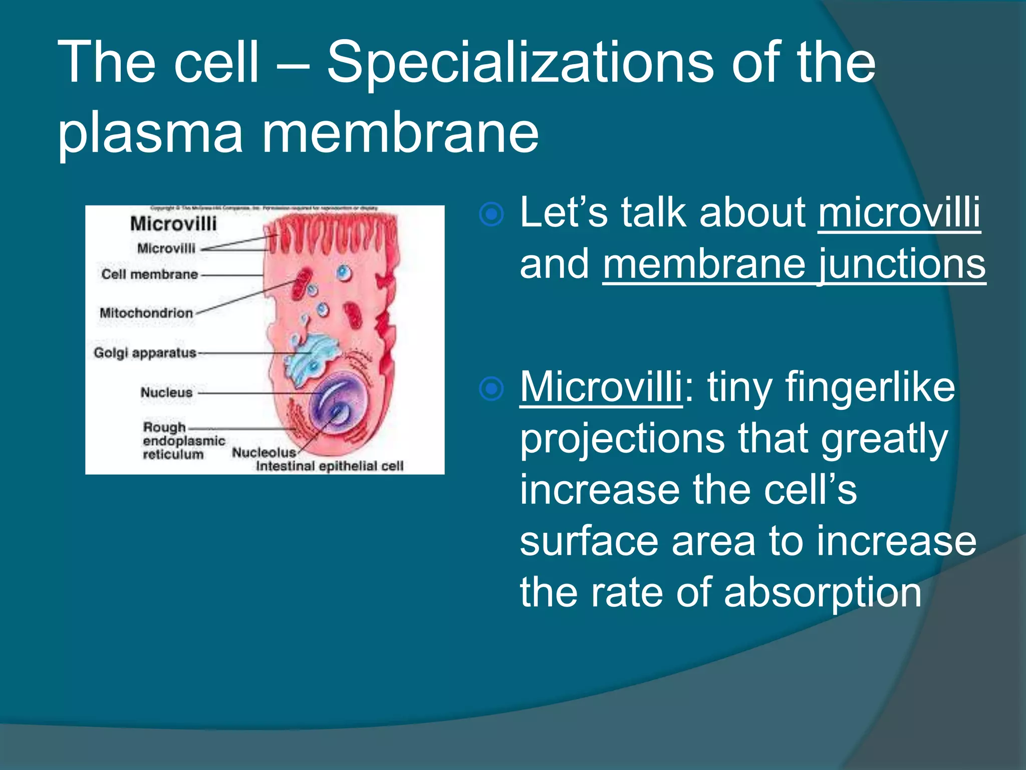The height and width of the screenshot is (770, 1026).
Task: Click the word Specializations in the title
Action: click(x=520, y=64)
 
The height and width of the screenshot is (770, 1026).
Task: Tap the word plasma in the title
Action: click(x=150, y=133)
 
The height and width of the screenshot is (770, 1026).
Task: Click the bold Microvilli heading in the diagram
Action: click(x=173, y=224)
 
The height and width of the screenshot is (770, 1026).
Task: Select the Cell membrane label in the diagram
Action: click(x=149, y=274)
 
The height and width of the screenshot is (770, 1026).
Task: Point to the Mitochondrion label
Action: click(x=146, y=313)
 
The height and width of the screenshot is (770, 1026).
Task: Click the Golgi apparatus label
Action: click(x=145, y=353)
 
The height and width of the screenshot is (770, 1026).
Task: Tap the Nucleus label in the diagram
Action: click(x=166, y=393)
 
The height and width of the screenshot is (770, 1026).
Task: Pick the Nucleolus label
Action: click(x=264, y=452)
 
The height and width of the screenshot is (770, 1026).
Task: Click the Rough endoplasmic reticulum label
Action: click(x=183, y=441)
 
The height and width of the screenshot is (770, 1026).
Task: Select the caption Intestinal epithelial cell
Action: click(x=329, y=466)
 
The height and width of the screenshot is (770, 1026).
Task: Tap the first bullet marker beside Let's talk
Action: click(x=491, y=215)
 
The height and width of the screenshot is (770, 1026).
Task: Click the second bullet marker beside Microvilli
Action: click(x=491, y=389)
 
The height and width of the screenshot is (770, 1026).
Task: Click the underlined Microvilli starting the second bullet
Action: click(x=601, y=387)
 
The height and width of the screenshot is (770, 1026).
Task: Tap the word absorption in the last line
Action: click(x=822, y=593)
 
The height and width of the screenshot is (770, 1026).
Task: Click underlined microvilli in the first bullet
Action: click(x=899, y=213)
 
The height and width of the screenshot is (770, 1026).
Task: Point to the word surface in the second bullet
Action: click(x=589, y=541)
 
